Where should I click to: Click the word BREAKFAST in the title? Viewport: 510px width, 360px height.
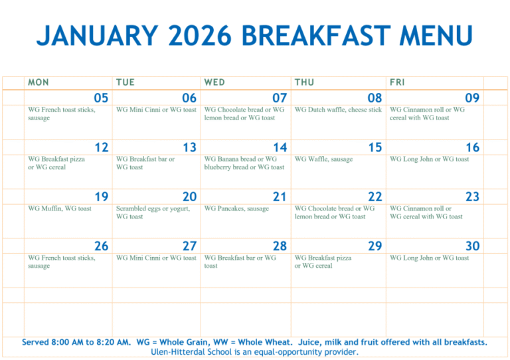pyautogui.click(x=307, y=35)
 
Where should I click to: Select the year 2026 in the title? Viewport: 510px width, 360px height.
pyautogui.click(x=197, y=35)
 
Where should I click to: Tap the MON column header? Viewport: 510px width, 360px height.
pyautogui.click(x=39, y=82)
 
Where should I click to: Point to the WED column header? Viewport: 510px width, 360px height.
pyautogui.click(x=214, y=82)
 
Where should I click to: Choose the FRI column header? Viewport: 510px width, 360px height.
pyautogui.click(x=397, y=82)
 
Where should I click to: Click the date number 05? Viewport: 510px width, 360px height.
pyautogui.click(x=101, y=98)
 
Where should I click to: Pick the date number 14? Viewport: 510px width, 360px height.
pyautogui.click(x=280, y=147)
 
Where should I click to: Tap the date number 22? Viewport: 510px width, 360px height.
pyautogui.click(x=375, y=197)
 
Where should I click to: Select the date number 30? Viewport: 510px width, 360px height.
pyautogui.click(x=472, y=246)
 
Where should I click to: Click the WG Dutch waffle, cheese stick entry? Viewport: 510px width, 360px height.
pyautogui.click(x=338, y=110)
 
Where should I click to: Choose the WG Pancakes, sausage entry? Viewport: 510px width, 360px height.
pyautogui.click(x=236, y=209)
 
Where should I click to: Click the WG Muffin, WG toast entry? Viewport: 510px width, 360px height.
pyautogui.click(x=60, y=209)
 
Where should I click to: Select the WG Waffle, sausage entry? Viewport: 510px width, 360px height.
pyautogui.click(x=323, y=159)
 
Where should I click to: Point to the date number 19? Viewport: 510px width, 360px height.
pyautogui.click(x=101, y=197)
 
